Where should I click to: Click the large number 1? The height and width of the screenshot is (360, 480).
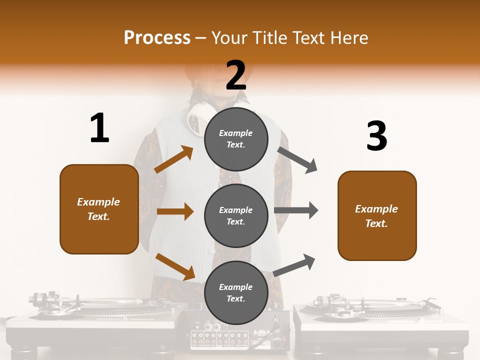point(99,128)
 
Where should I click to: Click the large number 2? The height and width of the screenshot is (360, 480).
point(235,75)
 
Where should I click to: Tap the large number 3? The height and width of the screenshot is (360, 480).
point(376,136)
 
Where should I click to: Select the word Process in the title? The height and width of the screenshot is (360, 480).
point(157,37)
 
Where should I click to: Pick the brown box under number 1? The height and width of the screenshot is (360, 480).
point(99,209)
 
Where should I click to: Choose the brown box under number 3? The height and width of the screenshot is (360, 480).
point(377,215)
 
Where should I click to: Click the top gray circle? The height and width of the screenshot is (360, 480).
point(236,138)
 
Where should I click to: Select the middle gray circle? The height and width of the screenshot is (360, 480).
point(236,215)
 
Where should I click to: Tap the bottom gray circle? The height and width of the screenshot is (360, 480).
point(236,292)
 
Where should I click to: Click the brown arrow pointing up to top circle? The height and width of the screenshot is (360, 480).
point(174,159)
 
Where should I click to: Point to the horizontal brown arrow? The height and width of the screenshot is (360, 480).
point(174,211)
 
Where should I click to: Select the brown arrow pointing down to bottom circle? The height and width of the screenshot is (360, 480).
point(175,266)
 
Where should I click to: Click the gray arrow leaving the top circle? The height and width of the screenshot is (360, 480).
point(297,159)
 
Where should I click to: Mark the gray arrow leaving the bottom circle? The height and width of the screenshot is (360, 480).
point(294,265)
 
